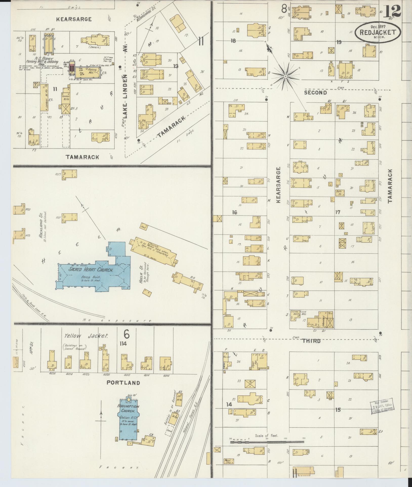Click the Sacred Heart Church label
coord(91,270)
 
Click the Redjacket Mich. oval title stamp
coord(378,32)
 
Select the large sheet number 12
coord(392,11)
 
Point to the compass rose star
coord(285,76)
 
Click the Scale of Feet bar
coord(267,442)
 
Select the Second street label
coord(315,92)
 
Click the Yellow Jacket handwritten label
coord(86,336)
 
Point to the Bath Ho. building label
coord(339,193)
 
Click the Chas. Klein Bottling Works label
coord(299,313)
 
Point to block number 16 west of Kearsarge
coord(234,212)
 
